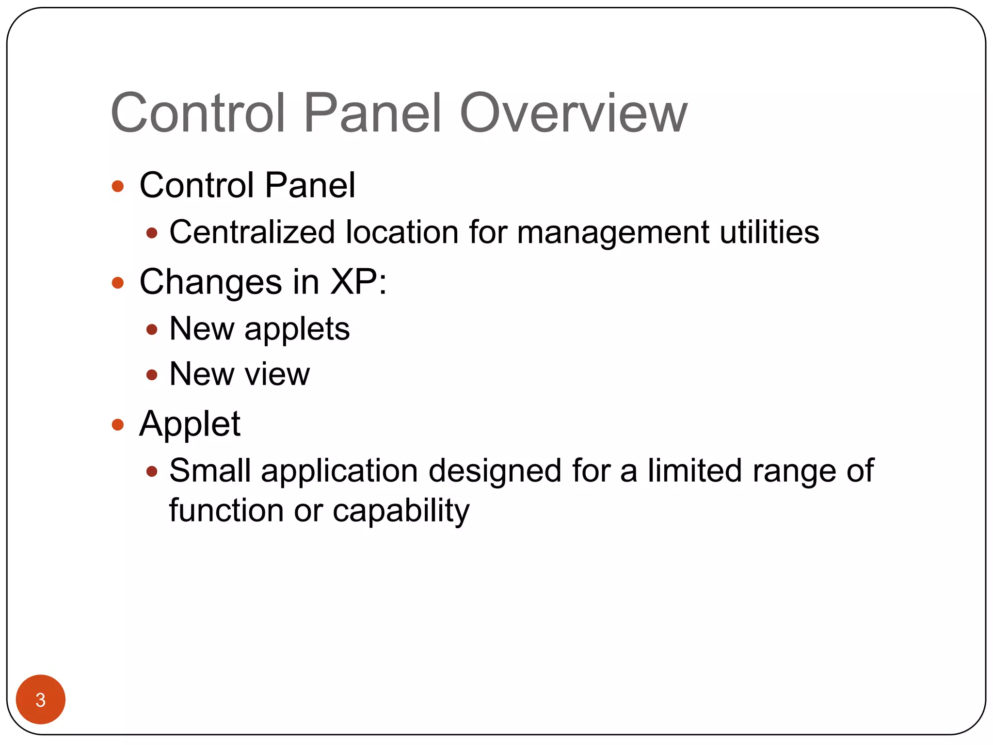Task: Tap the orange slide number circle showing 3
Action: pyautogui.click(x=41, y=699)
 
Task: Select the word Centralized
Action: pyautogui.click(x=252, y=232)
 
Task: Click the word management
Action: pyautogui.click(x=613, y=233)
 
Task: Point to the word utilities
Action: pyautogui.click(x=769, y=232)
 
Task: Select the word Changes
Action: pyautogui.click(x=210, y=282)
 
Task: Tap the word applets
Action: pyautogui.click(x=297, y=330)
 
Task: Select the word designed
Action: pyautogui.click(x=495, y=471)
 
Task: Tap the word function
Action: pyautogui.click(x=226, y=510)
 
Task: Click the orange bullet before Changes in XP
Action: pyautogui.click(x=118, y=283)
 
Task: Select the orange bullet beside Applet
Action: pyautogui.click(x=118, y=425)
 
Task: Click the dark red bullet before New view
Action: pyautogui.click(x=152, y=375)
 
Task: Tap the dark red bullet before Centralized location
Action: pyautogui.click(x=152, y=233)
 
